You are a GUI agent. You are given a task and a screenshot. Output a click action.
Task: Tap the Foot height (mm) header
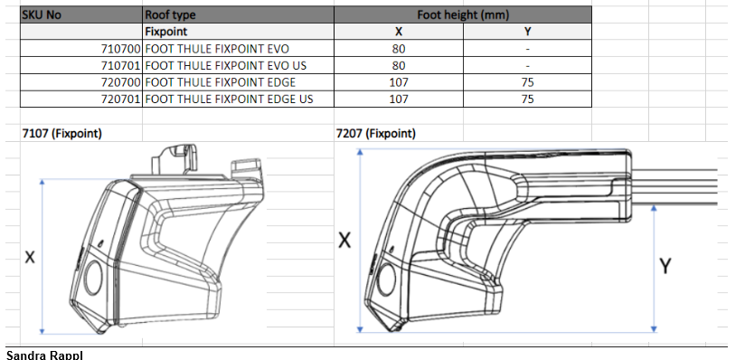tap(461, 14)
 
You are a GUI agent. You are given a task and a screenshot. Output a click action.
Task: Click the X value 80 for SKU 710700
tap(398, 48)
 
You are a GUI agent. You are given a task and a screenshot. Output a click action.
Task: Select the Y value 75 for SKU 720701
tap(526, 99)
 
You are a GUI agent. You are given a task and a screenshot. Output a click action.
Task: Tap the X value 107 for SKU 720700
tap(398, 81)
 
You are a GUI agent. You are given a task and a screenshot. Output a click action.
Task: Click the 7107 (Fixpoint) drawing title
tap(61, 134)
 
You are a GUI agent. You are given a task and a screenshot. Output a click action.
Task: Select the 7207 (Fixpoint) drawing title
tap(375, 134)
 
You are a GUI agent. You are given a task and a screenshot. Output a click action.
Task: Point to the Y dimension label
tap(666, 266)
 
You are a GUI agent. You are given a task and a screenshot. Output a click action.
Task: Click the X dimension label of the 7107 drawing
tap(30, 258)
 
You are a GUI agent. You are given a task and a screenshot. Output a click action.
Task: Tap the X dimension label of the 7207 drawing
tap(344, 241)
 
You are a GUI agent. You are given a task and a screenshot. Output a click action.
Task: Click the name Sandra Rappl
tap(44, 354)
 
